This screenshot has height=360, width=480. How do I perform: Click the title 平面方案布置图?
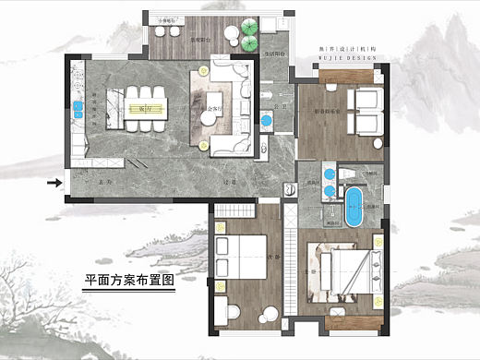(x=128, y=280)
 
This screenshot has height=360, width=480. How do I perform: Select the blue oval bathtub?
(x=353, y=208)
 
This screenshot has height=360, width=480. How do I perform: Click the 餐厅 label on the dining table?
(x=144, y=108)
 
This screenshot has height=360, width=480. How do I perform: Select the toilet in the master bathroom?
(x=350, y=174)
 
